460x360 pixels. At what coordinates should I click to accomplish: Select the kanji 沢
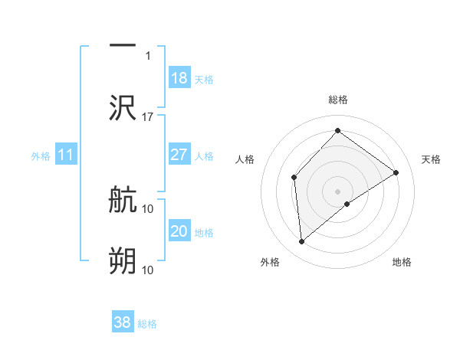(123, 108)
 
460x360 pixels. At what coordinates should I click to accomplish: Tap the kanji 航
(123, 201)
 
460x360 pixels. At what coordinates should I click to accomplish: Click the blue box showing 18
(179, 78)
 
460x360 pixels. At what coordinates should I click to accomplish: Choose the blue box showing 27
(179, 155)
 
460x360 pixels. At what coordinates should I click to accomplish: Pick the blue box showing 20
(179, 231)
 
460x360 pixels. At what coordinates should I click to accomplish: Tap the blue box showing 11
(66, 155)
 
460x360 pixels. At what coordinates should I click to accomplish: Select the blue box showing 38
(123, 322)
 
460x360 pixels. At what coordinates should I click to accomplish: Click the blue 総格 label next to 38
(147, 324)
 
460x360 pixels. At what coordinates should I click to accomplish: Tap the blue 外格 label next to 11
(41, 156)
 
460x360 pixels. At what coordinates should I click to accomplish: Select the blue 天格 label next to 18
(203, 80)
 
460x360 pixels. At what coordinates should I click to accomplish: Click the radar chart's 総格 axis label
(337, 100)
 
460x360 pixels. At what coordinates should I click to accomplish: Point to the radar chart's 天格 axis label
(432, 159)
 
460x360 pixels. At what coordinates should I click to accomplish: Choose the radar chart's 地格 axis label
(402, 262)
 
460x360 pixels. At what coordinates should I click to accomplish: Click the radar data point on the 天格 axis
(396, 172)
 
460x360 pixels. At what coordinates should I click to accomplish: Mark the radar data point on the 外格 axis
(302, 242)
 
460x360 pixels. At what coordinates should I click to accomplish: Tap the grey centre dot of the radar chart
(337, 191)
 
